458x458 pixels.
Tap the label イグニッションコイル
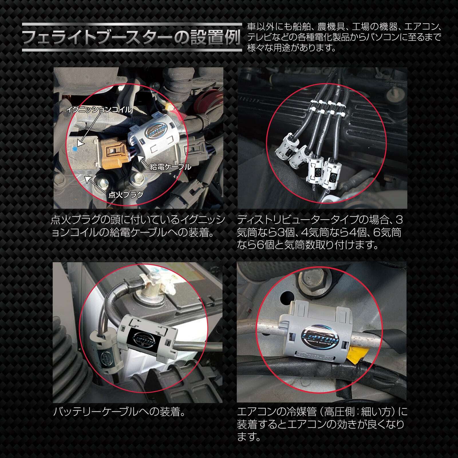pos(99,110)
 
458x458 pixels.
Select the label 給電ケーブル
pos(170,167)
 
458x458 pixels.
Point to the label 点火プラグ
pos(126,195)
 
